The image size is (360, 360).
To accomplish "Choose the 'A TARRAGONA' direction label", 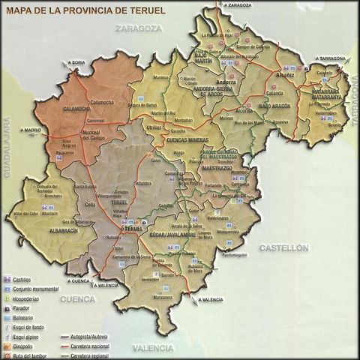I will pyautogui.click(x=331, y=58).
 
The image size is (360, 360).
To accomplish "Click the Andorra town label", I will pyautogui.click(x=226, y=81).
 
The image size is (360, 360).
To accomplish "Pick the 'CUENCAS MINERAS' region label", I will pyautogui.click(x=187, y=140).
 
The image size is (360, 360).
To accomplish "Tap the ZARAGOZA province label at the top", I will pyautogui.click(x=139, y=28).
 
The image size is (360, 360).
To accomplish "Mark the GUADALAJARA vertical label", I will pyautogui.click(x=7, y=147).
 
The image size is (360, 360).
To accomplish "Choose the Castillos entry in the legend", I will pyautogui.click(x=22, y=280).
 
